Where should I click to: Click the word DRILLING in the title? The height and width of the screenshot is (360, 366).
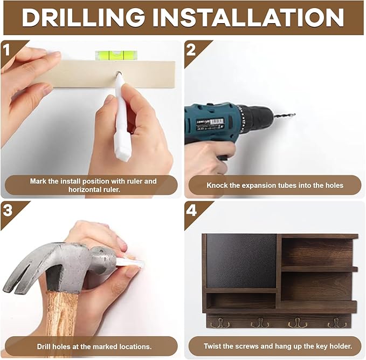click(x=83, y=17)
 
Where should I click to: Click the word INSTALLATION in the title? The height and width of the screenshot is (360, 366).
click(x=248, y=17)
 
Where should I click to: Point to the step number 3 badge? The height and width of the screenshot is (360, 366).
click(x=8, y=210)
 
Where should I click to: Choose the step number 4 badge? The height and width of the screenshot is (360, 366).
click(x=191, y=210)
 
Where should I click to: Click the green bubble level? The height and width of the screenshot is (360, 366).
click(x=116, y=55)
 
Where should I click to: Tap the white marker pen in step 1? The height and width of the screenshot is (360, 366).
click(x=122, y=117)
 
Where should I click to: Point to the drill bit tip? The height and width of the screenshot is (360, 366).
click(x=294, y=114)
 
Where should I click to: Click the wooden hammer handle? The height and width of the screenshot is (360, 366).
click(x=61, y=313)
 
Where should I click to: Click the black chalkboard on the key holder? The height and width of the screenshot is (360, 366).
click(x=241, y=261)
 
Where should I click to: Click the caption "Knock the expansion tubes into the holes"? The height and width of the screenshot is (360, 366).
click(x=275, y=185)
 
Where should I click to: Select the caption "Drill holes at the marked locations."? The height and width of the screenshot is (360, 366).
click(x=94, y=347)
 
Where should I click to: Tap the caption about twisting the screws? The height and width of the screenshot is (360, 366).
click(x=278, y=346)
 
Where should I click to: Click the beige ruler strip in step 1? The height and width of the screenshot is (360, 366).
click(x=105, y=74)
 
